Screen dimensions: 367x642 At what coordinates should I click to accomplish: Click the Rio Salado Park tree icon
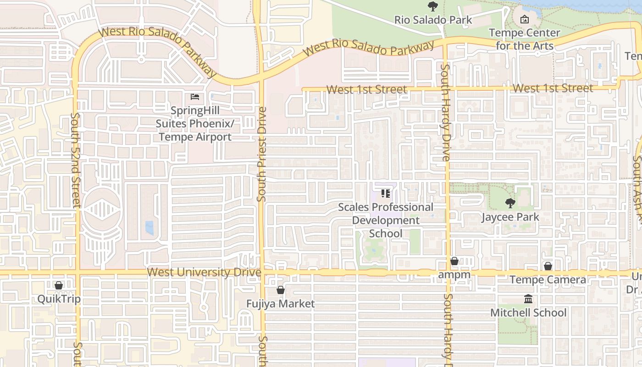point(432,6)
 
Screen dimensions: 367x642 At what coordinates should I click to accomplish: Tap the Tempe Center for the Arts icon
point(524,19)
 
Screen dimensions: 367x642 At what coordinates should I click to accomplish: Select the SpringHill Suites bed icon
point(195,97)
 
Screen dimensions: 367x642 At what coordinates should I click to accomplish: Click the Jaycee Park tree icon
point(509,203)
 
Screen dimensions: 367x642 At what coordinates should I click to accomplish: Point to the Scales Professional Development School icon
point(386,194)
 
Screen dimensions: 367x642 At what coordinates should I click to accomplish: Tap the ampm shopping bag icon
point(454,261)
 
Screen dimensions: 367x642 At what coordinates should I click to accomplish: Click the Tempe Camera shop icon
point(548,266)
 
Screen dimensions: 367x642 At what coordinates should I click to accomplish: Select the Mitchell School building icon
point(528,299)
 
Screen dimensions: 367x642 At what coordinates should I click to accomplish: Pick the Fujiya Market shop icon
point(281,290)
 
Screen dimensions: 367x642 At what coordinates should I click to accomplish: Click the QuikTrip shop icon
point(59,285)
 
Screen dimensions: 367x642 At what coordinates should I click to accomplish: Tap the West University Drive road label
point(204,272)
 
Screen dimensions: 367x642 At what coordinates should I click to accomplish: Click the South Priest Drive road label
point(261,154)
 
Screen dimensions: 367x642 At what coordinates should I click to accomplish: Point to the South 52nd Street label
point(77,161)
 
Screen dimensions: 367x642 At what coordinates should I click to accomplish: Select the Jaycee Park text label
point(510,217)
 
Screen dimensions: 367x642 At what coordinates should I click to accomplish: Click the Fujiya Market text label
point(281,304)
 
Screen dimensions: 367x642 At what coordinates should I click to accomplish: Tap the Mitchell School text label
point(528,313)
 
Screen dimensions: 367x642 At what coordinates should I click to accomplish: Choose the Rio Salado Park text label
point(433,20)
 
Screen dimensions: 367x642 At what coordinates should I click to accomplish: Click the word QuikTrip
point(59,299)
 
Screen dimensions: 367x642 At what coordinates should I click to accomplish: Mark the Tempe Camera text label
point(548,280)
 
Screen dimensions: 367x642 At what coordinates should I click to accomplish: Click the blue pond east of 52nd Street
point(149,228)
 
